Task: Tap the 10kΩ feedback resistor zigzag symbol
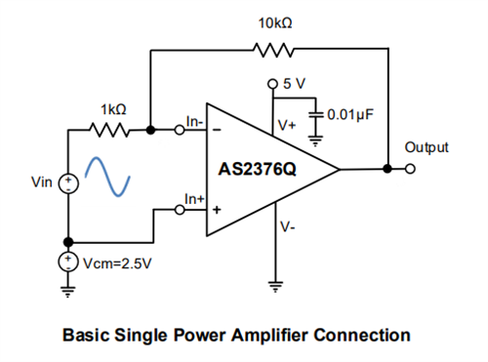pos(267,49)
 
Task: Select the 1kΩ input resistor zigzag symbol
pos(107,128)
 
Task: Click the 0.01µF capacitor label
pos(352,113)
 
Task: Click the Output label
pos(426,147)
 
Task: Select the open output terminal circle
pos(410,169)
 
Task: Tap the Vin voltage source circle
pos(67,182)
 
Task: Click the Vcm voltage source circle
pos(67,261)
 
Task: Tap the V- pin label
pos(287,226)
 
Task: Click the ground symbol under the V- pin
pos(275,287)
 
